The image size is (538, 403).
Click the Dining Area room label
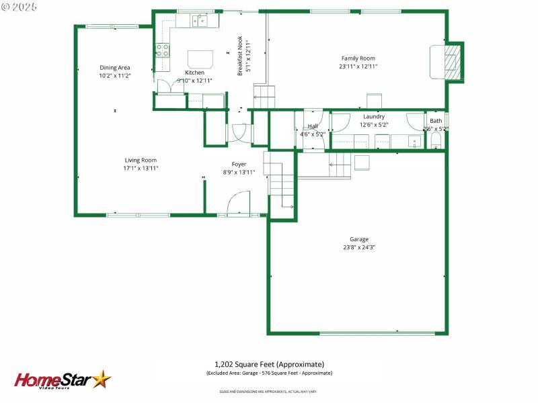tap(114, 67)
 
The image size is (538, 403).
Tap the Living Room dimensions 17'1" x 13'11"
tap(140, 168)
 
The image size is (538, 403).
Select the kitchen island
tap(200, 59)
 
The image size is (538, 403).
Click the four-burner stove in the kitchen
tap(163, 49)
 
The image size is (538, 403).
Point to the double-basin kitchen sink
tap(200, 21)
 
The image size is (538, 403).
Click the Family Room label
tap(358, 58)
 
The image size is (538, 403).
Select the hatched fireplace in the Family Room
tap(455, 62)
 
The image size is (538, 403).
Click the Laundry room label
tap(373, 116)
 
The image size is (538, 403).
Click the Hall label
tap(313, 126)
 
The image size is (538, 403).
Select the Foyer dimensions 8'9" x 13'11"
tap(239, 172)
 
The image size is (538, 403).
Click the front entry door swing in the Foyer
tap(238, 204)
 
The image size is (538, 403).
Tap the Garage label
tap(358, 239)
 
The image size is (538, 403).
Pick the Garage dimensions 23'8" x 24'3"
tap(358, 247)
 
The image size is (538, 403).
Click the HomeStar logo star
tap(102, 379)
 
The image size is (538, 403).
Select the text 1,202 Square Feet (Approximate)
tap(269, 363)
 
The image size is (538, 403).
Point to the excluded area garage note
tap(269, 373)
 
